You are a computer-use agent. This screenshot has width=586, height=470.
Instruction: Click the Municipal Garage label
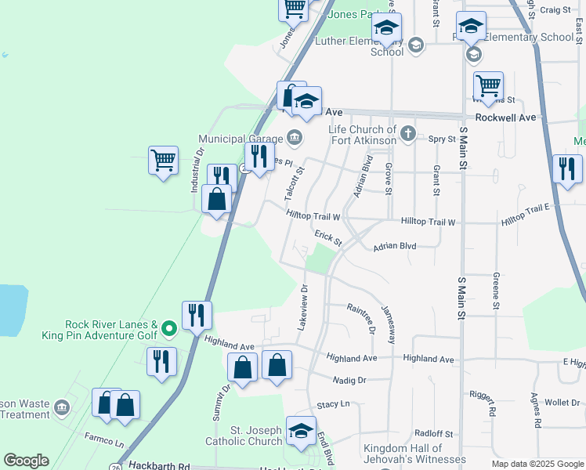[243, 139]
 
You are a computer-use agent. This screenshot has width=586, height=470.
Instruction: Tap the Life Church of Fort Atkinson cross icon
[407, 134]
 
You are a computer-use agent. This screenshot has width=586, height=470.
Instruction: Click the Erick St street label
[328, 237]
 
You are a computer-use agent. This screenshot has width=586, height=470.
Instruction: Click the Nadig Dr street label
[350, 380]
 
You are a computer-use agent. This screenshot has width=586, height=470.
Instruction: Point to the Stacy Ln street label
[333, 404]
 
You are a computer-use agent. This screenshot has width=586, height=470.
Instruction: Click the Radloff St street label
[435, 433]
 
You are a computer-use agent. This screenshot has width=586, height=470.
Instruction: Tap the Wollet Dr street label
[562, 403]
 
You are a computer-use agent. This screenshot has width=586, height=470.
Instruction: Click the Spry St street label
[442, 139]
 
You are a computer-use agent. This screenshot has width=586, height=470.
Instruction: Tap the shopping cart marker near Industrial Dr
[163, 161]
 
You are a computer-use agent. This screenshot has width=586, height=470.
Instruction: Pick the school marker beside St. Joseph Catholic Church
[301, 432]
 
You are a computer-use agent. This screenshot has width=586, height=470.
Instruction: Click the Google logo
[26, 461]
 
